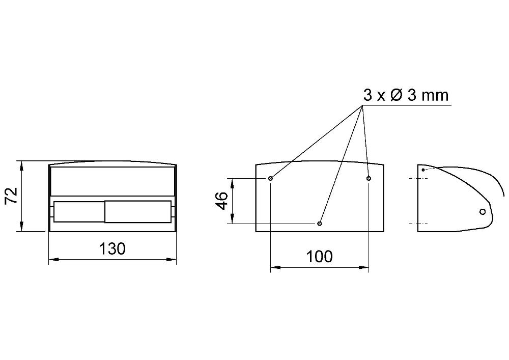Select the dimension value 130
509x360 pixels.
[112, 249]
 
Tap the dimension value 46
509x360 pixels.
[222, 201]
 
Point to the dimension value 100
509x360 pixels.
[320, 257]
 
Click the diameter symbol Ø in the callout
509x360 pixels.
[397, 95]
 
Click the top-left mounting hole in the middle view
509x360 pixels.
[270, 178]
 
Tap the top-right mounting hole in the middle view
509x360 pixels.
[369, 178]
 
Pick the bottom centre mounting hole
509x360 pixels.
[320, 224]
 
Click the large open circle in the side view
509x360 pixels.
[483, 212]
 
